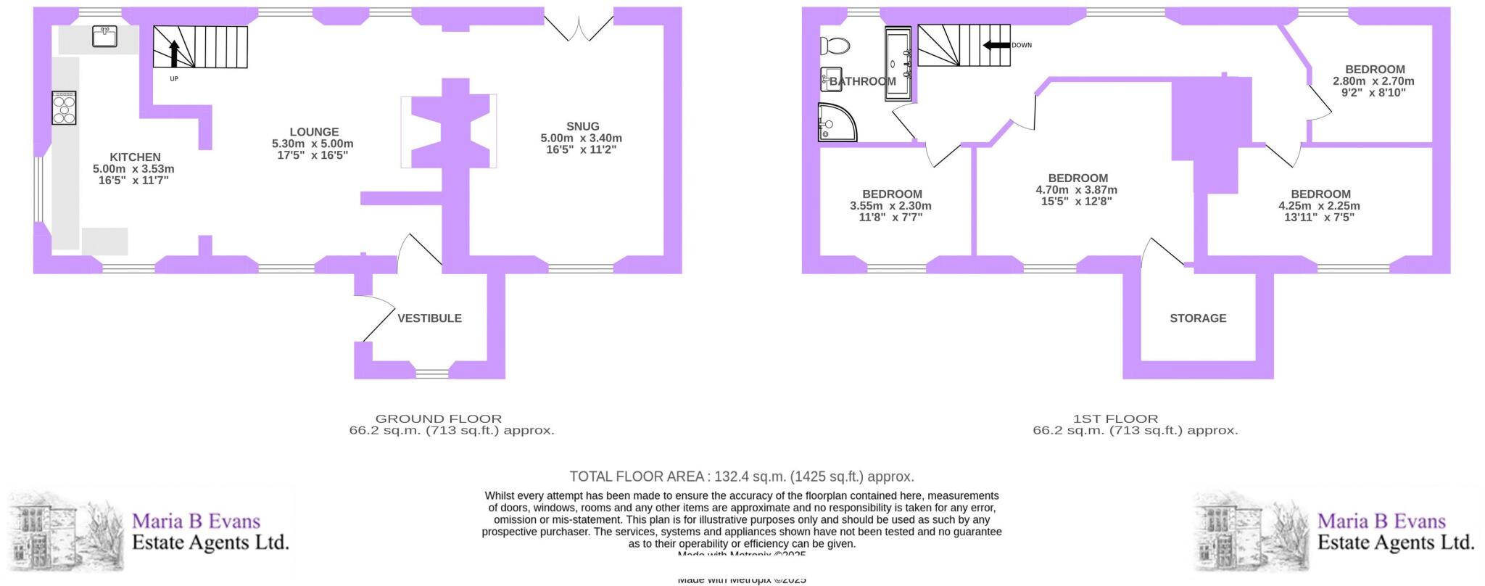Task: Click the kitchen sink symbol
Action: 105,36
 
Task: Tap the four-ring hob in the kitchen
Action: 64,108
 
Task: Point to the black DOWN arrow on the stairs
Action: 996,45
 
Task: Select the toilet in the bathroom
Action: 835,46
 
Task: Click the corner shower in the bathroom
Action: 836,122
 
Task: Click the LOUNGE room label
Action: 314,132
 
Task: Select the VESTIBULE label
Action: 429,318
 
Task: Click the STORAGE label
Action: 1198,318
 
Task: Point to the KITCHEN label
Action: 135,157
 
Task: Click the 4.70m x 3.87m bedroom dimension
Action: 1077,190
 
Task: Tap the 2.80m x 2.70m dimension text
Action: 1373,81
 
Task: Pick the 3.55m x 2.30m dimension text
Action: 890,206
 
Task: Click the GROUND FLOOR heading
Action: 438,419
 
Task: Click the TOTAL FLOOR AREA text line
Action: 741,476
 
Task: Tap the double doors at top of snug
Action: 579,29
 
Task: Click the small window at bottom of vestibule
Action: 433,374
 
